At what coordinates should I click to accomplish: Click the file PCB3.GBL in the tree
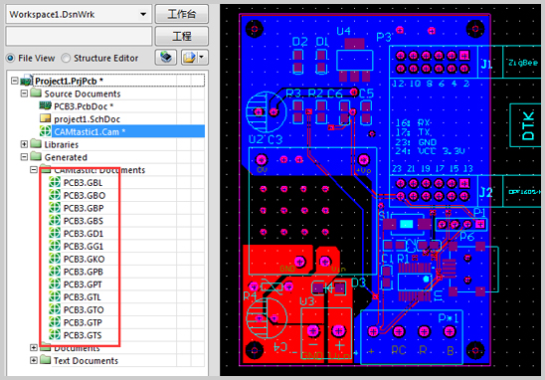tap(82, 183)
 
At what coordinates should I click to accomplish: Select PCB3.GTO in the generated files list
tap(82, 309)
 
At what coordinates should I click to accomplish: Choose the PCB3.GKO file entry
tap(82, 259)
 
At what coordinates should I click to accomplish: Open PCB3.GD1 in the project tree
tap(82, 234)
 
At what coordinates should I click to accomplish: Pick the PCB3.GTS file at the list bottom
tap(82, 335)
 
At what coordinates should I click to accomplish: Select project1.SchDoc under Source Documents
tap(87, 118)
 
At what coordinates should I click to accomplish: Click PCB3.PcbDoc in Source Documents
tap(84, 105)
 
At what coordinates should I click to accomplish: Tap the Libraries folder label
tap(62, 144)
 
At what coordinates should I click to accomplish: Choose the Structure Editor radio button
tap(68, 58)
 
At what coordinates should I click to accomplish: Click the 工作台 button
tap(183, 15)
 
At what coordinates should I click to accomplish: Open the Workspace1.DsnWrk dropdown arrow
tap(144, 15)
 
